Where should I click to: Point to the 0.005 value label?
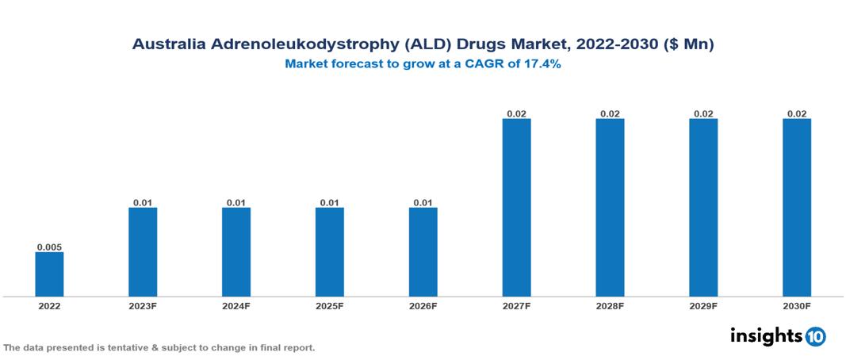point(49,247)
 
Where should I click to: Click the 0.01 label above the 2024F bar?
point(236,203)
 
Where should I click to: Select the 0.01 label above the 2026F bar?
point(423,203)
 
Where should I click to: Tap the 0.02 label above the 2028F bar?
point(610,114)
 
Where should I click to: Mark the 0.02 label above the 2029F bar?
point(703,114)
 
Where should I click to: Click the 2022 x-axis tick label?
point(49,306)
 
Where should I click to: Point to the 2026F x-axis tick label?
point(423,306)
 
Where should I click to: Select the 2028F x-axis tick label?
point(610,306)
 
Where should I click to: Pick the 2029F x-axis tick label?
point(703,306)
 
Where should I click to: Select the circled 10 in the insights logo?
point(815,336)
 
